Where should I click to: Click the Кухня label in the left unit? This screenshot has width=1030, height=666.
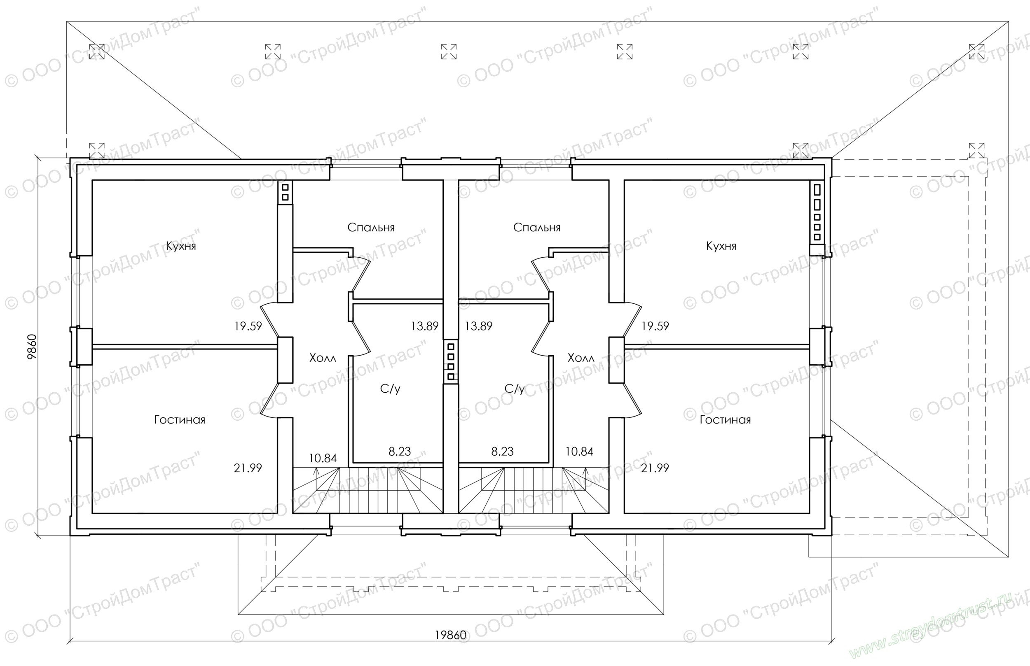tap(181, 247)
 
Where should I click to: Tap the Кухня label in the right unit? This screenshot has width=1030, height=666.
tap(721, 247)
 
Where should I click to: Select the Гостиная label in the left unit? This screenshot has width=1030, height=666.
tap(180, 420)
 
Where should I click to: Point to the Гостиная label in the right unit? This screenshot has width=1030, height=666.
tap(726, 420)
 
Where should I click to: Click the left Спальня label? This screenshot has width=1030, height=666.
tap(371, 228)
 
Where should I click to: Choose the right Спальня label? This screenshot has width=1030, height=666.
tap(537, 228)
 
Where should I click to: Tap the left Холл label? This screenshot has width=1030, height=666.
tap(323, 358)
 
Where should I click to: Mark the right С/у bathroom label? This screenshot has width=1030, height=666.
tap(515, 389)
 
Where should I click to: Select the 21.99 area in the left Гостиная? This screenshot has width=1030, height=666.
tap(248, 468)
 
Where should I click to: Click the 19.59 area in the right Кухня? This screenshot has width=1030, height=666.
tap(655, 326)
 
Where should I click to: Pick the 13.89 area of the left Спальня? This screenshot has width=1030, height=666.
tap(424, 326)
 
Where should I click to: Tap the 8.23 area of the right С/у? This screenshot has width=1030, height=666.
tap(503, 452)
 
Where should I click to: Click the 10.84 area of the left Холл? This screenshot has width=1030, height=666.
tap(323, 458)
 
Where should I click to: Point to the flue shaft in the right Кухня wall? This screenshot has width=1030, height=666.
tap(817, 213)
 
